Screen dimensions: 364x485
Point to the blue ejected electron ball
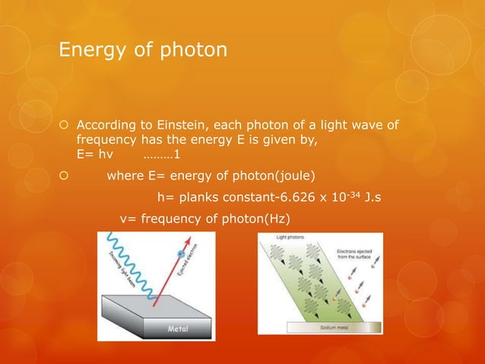(181, 254)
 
